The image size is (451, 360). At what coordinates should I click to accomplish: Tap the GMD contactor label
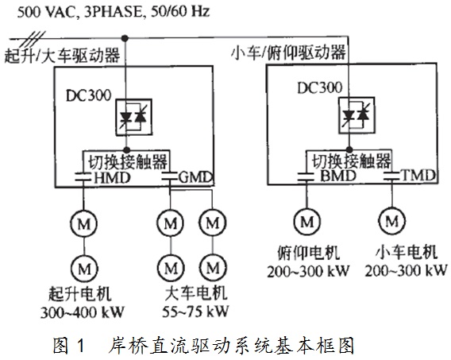tap(196, 177)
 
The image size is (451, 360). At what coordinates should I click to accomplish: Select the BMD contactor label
tap(338, 176)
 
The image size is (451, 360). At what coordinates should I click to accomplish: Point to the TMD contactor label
tap(418, 176)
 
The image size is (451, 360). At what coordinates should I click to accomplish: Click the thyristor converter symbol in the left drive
tap(133, 117)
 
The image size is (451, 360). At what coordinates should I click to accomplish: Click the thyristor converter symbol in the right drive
tap(357, 115)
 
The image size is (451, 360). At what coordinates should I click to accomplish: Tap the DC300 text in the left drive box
tap(88, 95)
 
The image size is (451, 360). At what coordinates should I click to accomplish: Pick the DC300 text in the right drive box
tap(319, 87)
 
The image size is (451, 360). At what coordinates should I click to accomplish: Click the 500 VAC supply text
tap(114, 12)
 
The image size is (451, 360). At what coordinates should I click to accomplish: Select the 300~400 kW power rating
tap(83, 312)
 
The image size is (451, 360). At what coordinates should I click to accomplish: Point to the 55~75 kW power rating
tap(195, 312)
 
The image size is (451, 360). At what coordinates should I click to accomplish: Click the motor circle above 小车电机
tap(391, 221)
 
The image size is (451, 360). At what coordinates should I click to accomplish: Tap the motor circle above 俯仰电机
tap(307, 222)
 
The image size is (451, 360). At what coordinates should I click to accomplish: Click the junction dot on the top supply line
tap(125, 38)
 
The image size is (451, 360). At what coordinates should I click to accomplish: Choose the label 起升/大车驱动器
tap(62, 55)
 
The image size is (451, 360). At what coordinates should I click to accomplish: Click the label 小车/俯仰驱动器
tap(288, 53)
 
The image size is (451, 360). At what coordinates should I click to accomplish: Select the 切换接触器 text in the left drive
tap(127, 161)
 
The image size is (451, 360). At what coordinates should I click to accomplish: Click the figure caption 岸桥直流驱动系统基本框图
tap(231, 346)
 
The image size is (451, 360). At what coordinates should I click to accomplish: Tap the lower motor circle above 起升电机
tap(84, 269)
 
